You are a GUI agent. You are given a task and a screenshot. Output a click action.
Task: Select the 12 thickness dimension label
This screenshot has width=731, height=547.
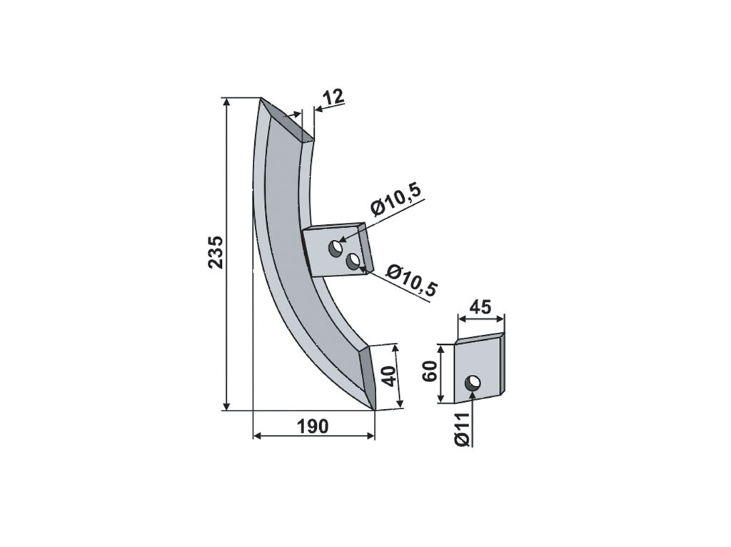coord(333,96)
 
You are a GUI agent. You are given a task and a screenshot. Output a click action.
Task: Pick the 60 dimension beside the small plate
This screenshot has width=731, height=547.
coord(430,371)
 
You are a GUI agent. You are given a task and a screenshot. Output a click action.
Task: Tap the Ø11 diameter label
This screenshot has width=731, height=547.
coord(462,429)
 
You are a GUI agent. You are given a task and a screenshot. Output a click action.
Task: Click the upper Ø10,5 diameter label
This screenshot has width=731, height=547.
coord(396,200)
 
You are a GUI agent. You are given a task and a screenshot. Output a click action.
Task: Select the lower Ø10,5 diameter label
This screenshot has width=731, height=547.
coord(412,280)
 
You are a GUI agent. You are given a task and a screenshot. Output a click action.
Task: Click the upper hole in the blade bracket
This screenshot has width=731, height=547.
coord(336,248)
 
